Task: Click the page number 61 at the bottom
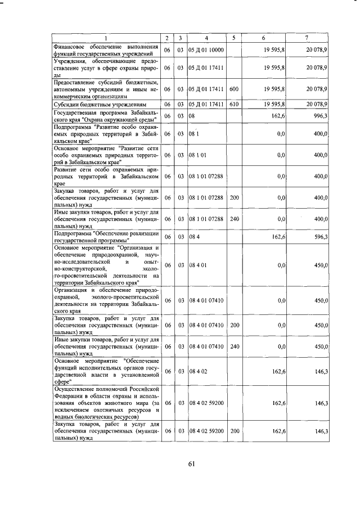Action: (191, 463)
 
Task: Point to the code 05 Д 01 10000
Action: (206, 50)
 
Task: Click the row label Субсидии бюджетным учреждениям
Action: (100, 104)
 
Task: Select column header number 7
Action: (306, 38)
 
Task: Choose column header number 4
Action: (206, 38)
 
